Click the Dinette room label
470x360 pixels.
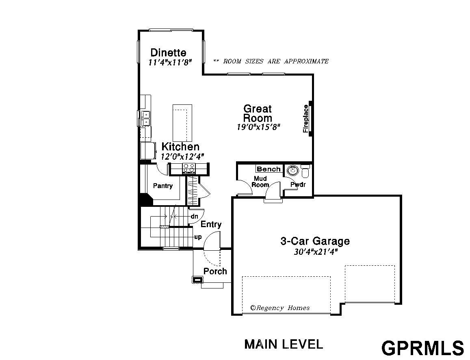[x=168, y=52]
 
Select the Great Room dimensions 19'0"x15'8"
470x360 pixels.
[x=258, y=127]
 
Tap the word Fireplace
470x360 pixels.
[x=305, y=119]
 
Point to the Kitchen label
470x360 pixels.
[x=180, y=147]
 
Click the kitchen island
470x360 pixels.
[x=182, y=123]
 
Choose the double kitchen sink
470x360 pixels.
[x=145, y=118]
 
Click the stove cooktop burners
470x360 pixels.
[x=189, y=168]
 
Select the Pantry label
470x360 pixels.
[x=163, y=186]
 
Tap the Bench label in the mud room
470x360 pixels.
[x=269, y=169]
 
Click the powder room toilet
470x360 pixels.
[x=305, y=172]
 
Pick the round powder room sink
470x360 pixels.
[x=292, y=171]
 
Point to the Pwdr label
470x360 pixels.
[x=298, y=184]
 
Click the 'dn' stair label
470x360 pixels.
[x=194, y=216]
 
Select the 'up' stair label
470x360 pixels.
[x=198, y=237]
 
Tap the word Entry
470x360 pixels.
[x=211, y=225]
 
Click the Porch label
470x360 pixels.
[x=215, y=271]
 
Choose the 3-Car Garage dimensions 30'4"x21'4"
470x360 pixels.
[x=316, y=252]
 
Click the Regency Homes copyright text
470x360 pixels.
[x=280, y=308]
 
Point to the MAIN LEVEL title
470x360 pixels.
[x=284, y=345]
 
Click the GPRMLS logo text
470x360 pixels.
[x=422, y=348]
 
